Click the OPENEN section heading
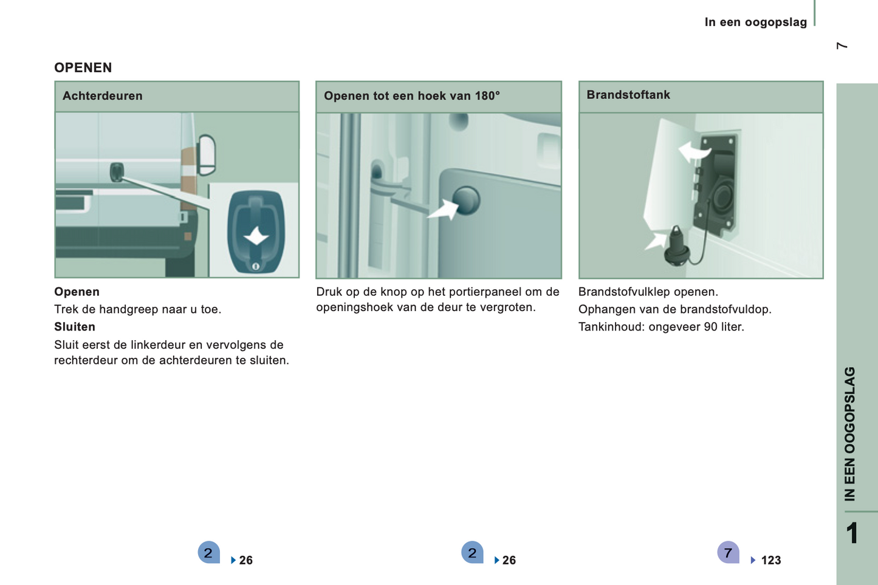point(83,67)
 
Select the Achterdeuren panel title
point(102,95)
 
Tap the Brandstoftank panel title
point(628,94)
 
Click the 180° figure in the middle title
point(487,95)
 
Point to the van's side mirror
point(207,155)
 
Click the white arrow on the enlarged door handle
point(256,236)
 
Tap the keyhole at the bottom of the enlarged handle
point(256,267)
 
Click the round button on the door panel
point(466,200)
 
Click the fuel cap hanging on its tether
point(676,247)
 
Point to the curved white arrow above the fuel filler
point(694,152)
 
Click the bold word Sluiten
point(75,327)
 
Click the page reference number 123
point(770,560)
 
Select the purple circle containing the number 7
point(728,552)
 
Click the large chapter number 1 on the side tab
point(852,533)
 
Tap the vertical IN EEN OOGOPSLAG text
point(849,434)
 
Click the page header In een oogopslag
point(756,22)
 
